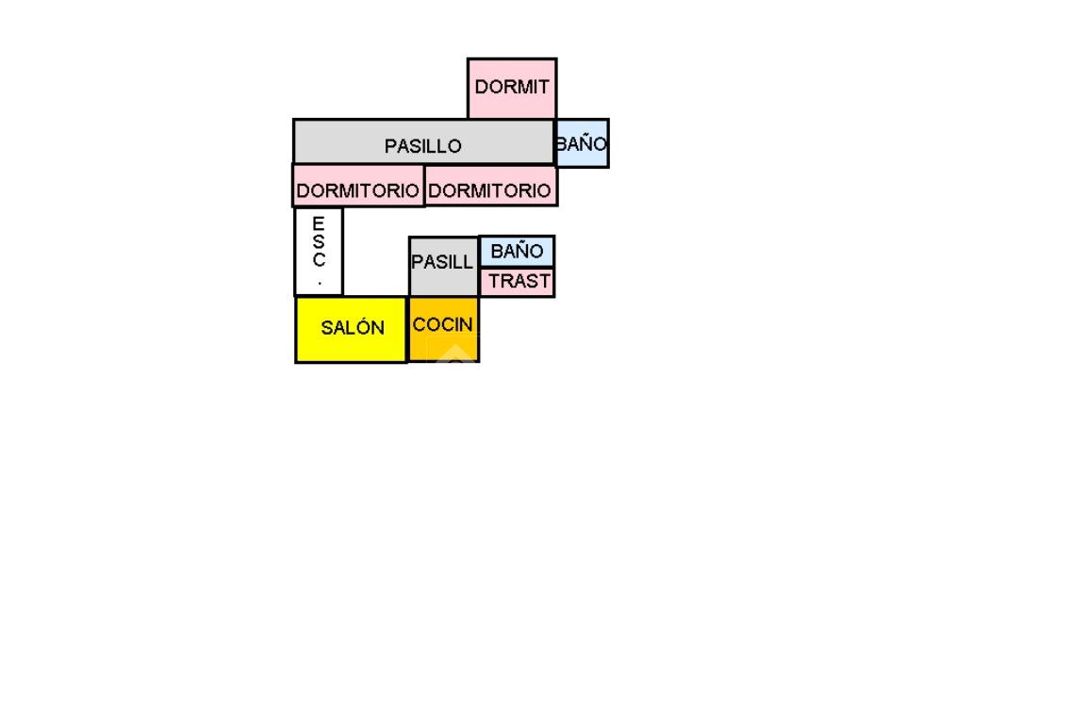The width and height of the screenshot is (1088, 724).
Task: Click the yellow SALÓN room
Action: click(x=351, y=329)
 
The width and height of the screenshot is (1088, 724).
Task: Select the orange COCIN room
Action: click(x=443, y=329)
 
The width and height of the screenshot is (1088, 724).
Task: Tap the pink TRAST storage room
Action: click(x=517, y=282)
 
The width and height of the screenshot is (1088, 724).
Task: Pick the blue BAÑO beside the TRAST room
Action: click(x=517, y=252)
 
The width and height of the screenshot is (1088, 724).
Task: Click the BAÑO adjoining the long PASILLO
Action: click(x=582, y=144)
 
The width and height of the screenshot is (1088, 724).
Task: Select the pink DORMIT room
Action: click(x=512, y=88)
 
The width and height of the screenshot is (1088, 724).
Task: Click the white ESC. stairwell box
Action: click(x=319, y=252)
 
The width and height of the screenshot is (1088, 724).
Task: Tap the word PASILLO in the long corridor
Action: click(x=422, y=147)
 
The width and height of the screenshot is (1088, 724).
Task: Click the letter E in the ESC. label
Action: click(x=319, y=223)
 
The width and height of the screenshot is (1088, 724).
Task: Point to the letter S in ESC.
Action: click(x=319, y=241)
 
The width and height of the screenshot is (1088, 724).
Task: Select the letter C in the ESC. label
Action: click(x=319, y=259)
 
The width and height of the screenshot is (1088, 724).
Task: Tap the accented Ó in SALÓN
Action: click(x=363, y=327)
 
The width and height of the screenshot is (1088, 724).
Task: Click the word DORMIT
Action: click(x=512, y=88)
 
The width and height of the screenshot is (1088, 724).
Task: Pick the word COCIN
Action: click(x=443, y=325)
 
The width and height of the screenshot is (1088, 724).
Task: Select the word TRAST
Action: click(x=519, y=282)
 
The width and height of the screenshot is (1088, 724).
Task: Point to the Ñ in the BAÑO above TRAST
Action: click(x=522, y=251)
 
